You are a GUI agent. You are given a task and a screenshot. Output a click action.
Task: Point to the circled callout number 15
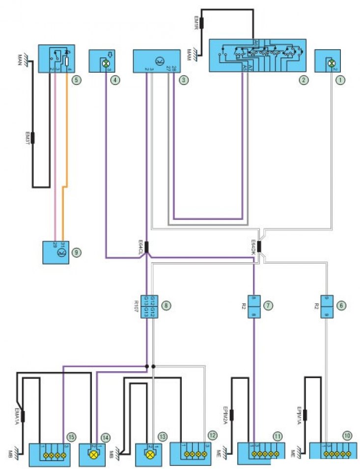(72, 436)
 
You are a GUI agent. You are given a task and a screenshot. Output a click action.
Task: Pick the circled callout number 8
(167, 305)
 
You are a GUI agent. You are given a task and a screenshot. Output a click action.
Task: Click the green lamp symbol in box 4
(104, 64)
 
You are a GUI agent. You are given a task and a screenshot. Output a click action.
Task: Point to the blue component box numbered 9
(55, 252)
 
